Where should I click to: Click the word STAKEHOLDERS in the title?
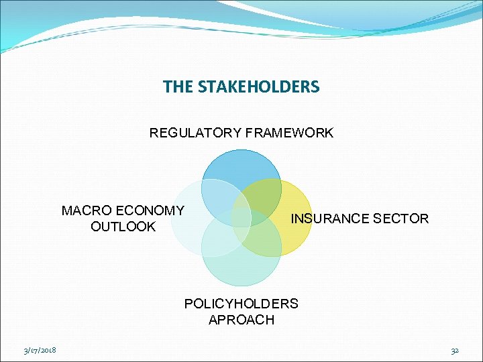(x=258, y=87)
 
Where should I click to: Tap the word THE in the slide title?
(x=178, y=87)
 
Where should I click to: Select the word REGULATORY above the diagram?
(x=195, y=133)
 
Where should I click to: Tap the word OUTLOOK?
(x=123, y=227)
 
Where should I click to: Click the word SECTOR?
(x=400, y=219)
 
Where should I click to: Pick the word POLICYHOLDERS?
(x=241, y=304)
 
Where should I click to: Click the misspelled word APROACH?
(x=241, y=320)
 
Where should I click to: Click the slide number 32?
(x=454, y=350)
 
